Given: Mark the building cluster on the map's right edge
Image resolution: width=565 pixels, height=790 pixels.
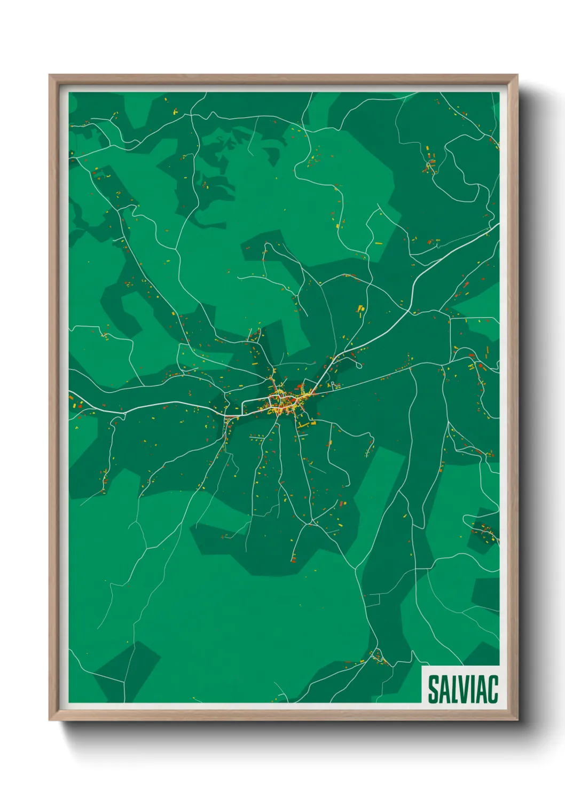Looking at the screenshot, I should coord(485,531).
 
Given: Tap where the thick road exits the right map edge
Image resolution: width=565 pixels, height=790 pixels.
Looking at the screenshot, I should coord(498,225).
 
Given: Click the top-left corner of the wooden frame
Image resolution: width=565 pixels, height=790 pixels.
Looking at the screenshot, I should coord(50,76).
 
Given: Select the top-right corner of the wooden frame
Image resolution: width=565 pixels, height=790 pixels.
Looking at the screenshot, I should coord(516,76).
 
